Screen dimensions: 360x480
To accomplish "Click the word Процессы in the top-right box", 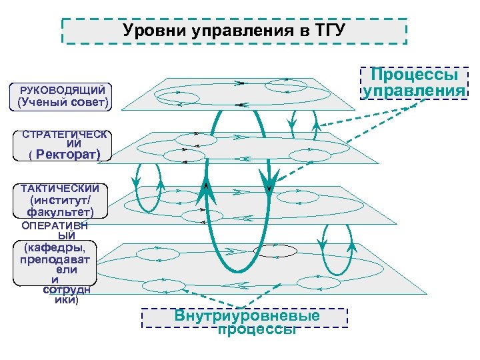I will pyautogui.click(x=414, y=74).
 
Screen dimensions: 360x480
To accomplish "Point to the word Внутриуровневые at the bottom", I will pyautogui.click(x=247, y=316).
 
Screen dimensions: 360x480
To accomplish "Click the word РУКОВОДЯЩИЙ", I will pyautogui.click(x=63, y=89).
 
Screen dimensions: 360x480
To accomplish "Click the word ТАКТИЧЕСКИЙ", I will pyautogui.click(x=60, y=187).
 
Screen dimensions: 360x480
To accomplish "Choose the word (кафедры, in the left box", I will pyautogui.click(x=55, y=249).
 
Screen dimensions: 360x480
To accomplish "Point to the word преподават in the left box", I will pyautogui.click(x=55, y=260).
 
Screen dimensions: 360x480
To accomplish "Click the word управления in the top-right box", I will pyautogui.click(x=414, y=91).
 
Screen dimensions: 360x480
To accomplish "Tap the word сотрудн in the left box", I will pyautogui.click(x=67, y=291).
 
